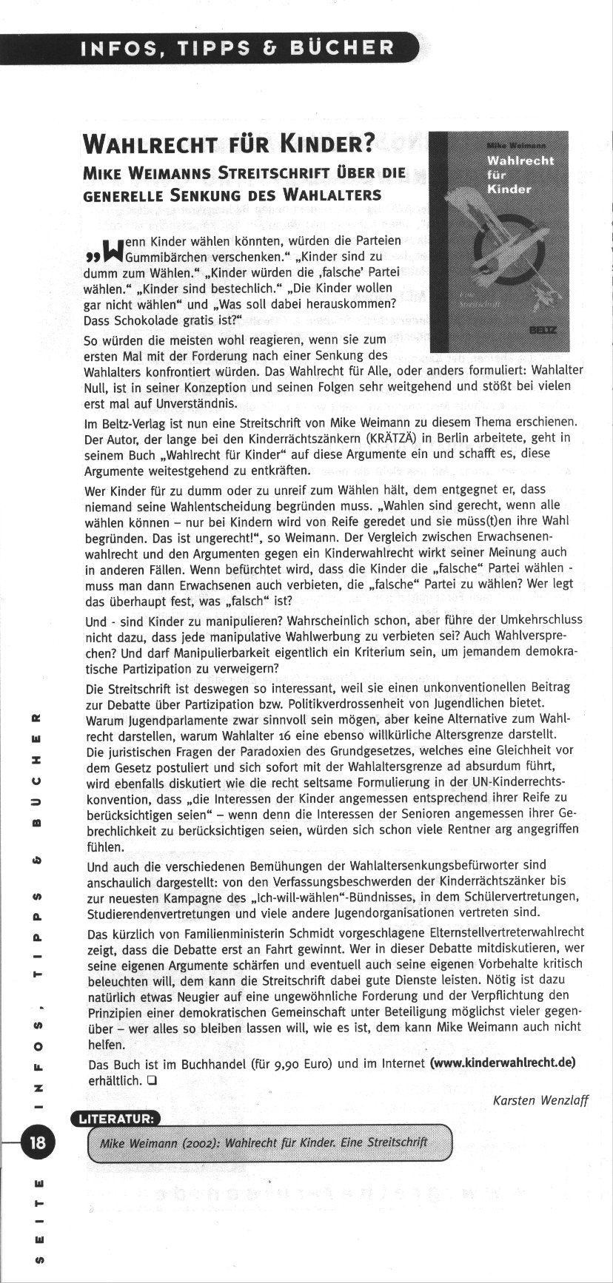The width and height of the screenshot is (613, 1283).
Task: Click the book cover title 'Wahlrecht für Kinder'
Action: pos(520,175)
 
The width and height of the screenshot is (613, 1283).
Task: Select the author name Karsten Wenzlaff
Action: pos(540,1100)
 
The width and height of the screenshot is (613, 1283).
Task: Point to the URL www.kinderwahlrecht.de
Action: pos(502,1063)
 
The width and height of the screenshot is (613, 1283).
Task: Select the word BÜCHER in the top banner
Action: pos(343,48)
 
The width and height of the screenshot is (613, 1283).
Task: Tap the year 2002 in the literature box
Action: pos(196,1142)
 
